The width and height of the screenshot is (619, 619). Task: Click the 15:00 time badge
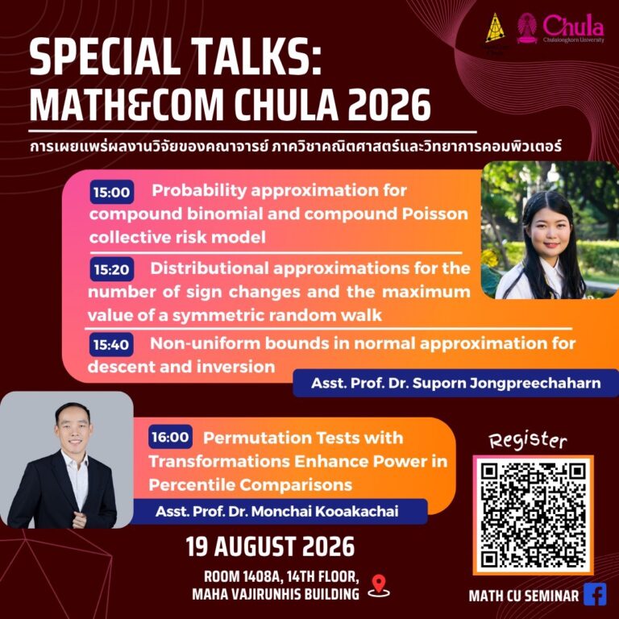(112, 193)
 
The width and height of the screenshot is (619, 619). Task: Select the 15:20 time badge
(112, 269)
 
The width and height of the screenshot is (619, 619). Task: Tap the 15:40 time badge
(111, 345)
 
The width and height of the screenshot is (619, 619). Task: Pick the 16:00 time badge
(170, 437)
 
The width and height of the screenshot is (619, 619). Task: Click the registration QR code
(533, 515)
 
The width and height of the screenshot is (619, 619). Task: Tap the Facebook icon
(595, 594)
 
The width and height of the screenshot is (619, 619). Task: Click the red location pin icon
(379, 587)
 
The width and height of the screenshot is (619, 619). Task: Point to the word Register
(528, 440)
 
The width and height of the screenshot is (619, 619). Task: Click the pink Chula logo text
(573, 26)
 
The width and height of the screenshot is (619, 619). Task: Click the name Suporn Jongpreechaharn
(506, 383)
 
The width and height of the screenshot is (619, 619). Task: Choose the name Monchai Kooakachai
(325, 512)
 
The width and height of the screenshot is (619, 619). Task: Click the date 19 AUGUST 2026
(270, 546)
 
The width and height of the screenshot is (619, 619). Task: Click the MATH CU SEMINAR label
(523, 596)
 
